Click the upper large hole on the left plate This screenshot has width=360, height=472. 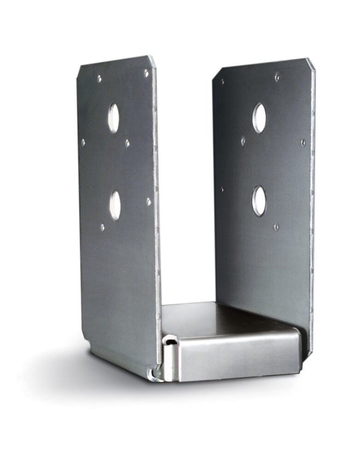tap(113, 118)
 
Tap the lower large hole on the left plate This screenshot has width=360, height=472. tap(115, 205)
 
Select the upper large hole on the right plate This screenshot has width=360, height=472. tap(259, 118)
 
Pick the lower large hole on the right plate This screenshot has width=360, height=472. tap(259, 201)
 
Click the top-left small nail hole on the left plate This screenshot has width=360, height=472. tap(99, 78)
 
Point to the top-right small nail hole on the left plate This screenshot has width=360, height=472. tap(146, 73)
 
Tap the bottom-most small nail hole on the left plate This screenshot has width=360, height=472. tap(102, 227)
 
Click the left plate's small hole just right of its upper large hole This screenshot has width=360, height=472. tap(128, 143)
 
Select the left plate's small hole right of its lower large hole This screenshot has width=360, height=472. tap(148, 201)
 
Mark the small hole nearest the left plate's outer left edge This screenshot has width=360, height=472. tap(83, 142)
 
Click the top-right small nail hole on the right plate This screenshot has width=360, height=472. tap(277, 77)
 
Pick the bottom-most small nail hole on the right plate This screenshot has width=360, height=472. tap(276, 226)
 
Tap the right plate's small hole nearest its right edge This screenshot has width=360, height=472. tap(303, 142)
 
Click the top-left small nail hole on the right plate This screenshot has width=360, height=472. tap(223, 82)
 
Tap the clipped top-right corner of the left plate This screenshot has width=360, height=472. tap(152, 60)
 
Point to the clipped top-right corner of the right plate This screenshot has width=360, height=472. tap(311, 64)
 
